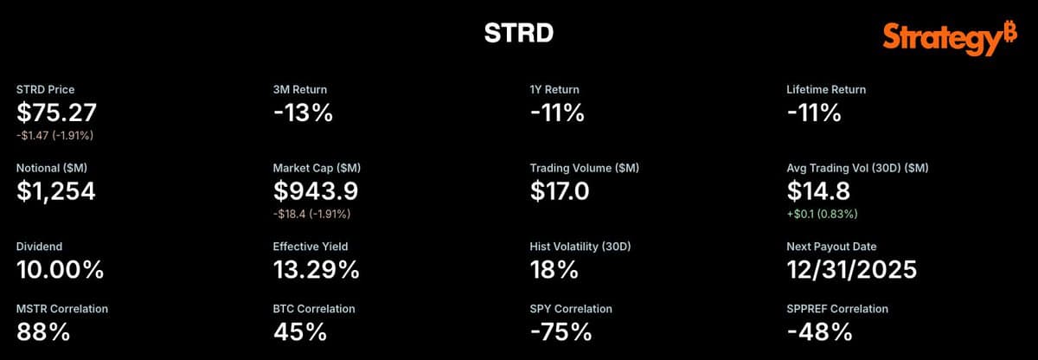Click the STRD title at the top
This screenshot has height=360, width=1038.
pos(518,33)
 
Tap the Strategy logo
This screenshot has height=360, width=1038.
pos(950,39)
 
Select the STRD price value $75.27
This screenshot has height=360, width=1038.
pos(57,112)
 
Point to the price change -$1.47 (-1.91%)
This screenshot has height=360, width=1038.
pos(54,135)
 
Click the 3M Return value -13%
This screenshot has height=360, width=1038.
pos(303,112)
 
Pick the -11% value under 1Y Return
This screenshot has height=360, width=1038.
pos(557,112)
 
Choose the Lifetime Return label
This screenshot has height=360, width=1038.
pos(826,89)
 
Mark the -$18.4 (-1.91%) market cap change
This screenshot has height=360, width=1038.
pos(312,213)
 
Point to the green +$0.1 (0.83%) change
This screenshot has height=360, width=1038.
pos(823,213)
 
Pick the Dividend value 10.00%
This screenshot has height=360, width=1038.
pos(61,269)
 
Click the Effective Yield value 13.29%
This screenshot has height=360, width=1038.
pos(316,269)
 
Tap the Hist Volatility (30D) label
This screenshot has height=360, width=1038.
pos(580,247)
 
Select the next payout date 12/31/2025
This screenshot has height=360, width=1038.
pos(851,269)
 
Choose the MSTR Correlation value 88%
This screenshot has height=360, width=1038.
pos(42,331)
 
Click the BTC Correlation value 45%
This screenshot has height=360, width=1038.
pos(299,331)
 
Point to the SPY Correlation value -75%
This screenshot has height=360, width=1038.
pos(561,331)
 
